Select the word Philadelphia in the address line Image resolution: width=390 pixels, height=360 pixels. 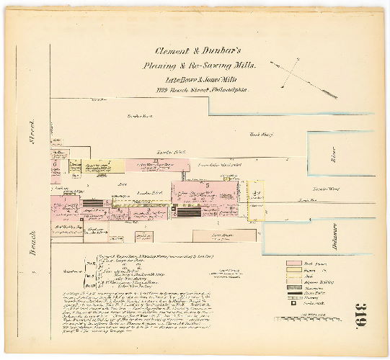(229, 91)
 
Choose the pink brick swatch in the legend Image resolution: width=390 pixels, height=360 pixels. (293, 264)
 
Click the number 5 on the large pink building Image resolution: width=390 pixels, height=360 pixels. (207, 185)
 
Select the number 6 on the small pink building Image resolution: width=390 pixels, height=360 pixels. (55, 163)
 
